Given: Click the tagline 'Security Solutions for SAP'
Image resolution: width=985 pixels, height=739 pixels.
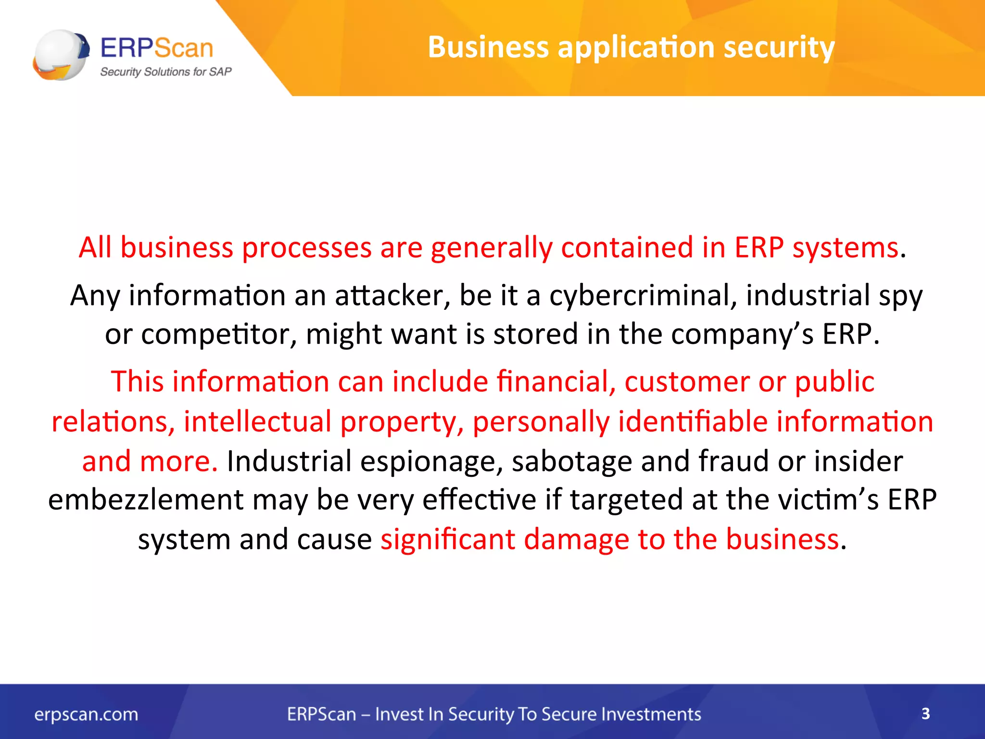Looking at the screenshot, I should click(165, 72).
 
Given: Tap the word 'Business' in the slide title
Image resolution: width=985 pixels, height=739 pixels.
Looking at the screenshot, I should click(488, 47).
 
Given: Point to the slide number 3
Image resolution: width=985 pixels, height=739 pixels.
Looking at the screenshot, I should click(925, 714).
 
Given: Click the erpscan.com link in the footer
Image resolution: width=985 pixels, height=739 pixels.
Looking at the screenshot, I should click(86, 714).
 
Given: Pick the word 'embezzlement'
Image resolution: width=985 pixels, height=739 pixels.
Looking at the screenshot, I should click(146, 499).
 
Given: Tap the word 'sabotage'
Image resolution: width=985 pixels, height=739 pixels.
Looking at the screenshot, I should click(571, 461).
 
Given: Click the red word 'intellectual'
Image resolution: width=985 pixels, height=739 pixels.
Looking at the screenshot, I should click(258, 421).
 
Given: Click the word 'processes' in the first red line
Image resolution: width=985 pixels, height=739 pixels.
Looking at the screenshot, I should click(306, 248).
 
